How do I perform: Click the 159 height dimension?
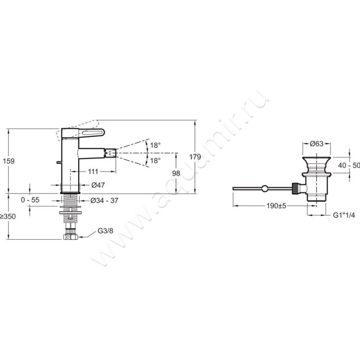pos(9,161)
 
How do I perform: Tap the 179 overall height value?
pos(195,157)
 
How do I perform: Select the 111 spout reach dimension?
pos(93,171)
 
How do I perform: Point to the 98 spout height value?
pos(176,173)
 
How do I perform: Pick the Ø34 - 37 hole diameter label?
pos(104,201)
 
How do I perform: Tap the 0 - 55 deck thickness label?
pos(30,200)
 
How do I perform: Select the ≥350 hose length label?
pos(8,216)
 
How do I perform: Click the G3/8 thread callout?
pos(105,231)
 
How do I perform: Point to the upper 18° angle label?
pos(155,145)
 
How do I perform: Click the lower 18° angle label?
pos(155,161)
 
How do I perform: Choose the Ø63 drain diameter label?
pos(316,144)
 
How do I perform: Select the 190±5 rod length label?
pos(276,206)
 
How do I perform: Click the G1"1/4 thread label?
pos(344,215)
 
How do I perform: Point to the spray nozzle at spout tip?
pos(110,153)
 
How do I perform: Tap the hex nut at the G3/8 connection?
pos(70,237)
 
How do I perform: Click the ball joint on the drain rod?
pos(265,189)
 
